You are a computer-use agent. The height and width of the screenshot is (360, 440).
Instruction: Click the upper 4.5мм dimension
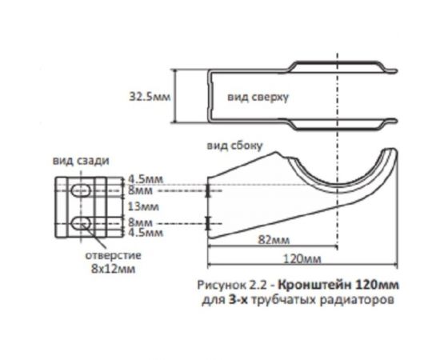pyautogui.click(x=142, y=180)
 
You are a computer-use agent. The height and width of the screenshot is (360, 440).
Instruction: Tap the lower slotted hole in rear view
pyautogui.click(x=80, y=222)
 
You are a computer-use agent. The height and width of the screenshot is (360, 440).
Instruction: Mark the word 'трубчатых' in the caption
pyautogui.click(x=278, y=300)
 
